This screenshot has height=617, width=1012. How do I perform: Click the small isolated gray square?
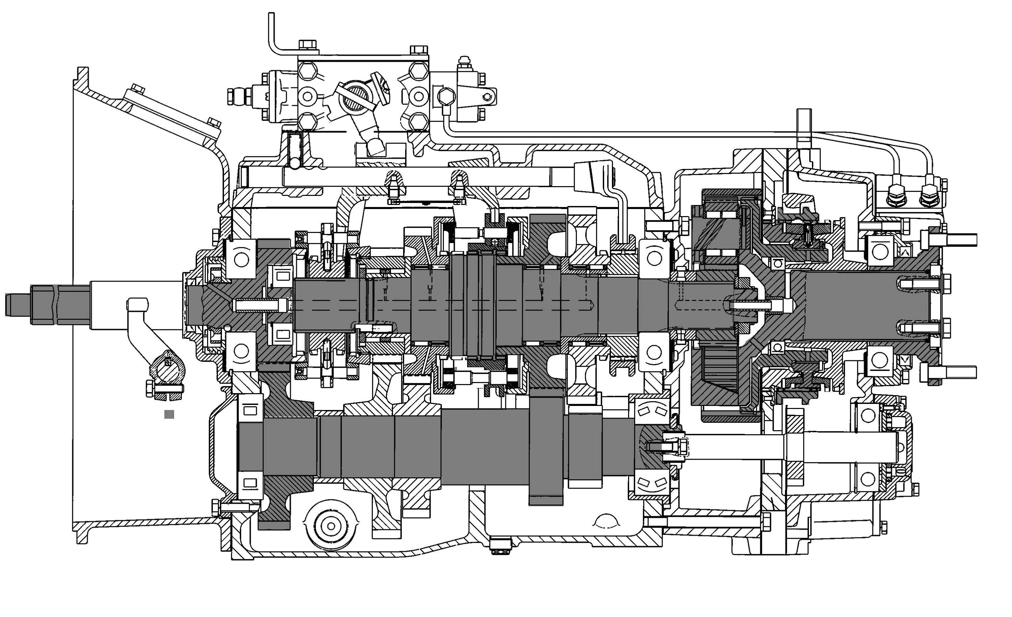[169, 414]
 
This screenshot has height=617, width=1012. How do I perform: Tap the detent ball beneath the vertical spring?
[294, 164]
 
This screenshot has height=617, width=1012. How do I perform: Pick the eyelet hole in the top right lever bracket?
[487, 97]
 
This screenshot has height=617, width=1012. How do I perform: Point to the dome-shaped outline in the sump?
[606, 521]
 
